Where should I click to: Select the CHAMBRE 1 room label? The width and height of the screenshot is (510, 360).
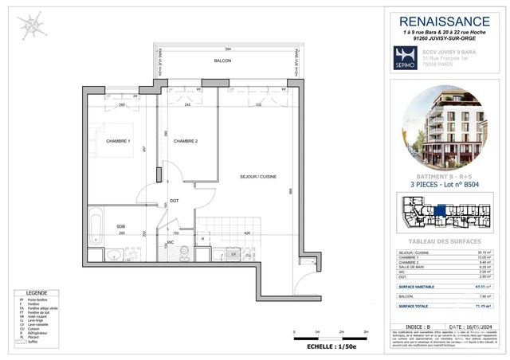117,141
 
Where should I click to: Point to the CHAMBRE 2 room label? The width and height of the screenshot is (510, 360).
186,141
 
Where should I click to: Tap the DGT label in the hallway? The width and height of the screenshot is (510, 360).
174,201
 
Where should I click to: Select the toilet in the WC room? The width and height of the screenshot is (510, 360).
182,254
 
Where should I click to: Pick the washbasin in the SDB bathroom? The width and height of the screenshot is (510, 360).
115,254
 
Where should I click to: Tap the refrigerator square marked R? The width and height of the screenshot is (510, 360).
204,238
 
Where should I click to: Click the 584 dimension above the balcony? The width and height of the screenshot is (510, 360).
226,49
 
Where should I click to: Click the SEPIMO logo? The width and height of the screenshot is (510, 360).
405,59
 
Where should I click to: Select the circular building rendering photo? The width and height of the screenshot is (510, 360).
442,127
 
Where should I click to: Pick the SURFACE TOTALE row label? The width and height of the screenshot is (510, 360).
417,304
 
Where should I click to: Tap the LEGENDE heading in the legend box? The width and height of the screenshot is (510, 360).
39,293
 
